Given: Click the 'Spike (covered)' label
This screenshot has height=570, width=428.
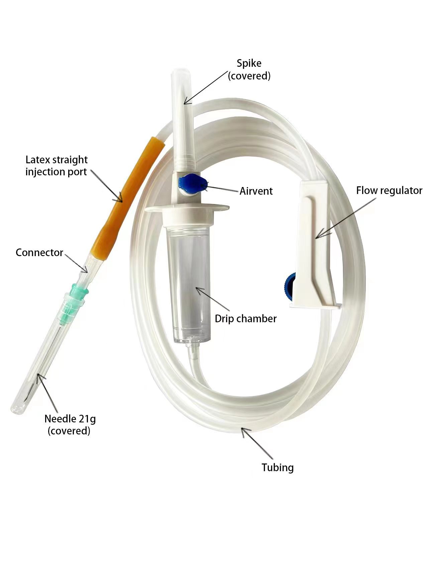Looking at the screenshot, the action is point(249,69).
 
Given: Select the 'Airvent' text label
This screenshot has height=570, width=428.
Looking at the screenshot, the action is point(256,191).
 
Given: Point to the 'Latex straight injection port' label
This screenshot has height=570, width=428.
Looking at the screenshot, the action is point(56,166).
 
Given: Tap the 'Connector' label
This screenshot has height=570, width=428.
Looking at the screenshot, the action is point(39,252).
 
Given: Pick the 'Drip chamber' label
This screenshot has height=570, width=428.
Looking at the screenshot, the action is point(246,319).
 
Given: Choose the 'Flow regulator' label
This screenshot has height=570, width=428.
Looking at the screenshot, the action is point(389,191).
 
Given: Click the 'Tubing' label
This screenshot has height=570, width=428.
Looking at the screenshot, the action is point(278,467).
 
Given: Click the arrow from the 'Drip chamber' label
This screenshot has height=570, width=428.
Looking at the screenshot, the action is point(213,299).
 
